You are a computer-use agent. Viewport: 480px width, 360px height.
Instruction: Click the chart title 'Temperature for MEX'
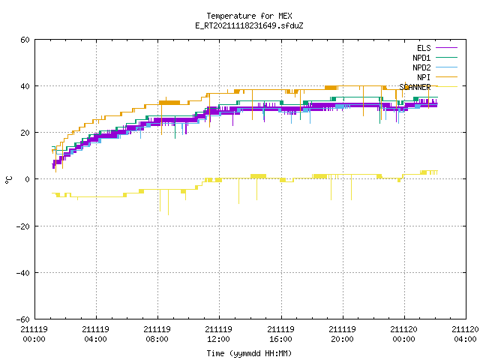pyautogui.click(x=249, y=16)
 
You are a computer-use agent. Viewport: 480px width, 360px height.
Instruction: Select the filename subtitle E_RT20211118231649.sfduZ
pyautogui.click(x=249, y=25)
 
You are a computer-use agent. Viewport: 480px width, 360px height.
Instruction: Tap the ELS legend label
pyautogui.click(x=424, y=48)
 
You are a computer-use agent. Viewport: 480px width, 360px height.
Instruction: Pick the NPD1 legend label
pyautogui.click(x=421, y=58)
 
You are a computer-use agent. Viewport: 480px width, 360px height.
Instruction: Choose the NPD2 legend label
pyautogui.click(x=421, y=67)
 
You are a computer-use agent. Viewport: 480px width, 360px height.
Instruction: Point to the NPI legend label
pyautogui.click(x=424, y=77)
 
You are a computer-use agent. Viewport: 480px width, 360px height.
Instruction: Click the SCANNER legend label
pyautogui.click(x=415, y=87)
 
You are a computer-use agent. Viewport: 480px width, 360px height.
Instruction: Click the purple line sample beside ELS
pyautogui.click(x=447, y=48)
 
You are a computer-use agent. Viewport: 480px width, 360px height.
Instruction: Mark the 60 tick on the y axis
pyautogui.click(x=25, y=40)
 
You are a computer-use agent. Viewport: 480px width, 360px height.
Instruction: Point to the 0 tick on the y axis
pyautogui.click(x=28, y=179)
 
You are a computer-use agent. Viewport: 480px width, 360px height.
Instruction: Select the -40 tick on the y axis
pyautogui.click(x=23, y=273)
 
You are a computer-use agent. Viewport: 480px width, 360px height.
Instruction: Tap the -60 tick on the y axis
pyautogui.click(x=23, y=319)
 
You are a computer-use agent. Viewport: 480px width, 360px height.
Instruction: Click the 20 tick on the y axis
pyautogui.click(x=25, y=133)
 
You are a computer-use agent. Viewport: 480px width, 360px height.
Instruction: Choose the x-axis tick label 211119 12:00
pyautogui.click(x=218, y=334)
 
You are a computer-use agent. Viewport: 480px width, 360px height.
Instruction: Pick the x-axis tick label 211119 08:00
pyautogui.click(x=157, y=334)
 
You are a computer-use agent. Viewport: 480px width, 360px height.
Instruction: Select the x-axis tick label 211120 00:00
pyautogui.click(x=403, y=334)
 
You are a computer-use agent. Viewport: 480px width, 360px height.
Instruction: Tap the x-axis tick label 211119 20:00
pyautogui.click(x=342, y=334)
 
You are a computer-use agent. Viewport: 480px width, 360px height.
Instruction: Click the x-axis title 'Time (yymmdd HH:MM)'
pyautogui.click(x=249, y=353)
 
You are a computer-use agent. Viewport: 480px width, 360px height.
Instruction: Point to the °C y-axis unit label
pyautogui.click(x=9, y=180)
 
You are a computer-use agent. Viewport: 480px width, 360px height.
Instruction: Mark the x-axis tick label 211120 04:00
pyautogui.click(x=465, y=334)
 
